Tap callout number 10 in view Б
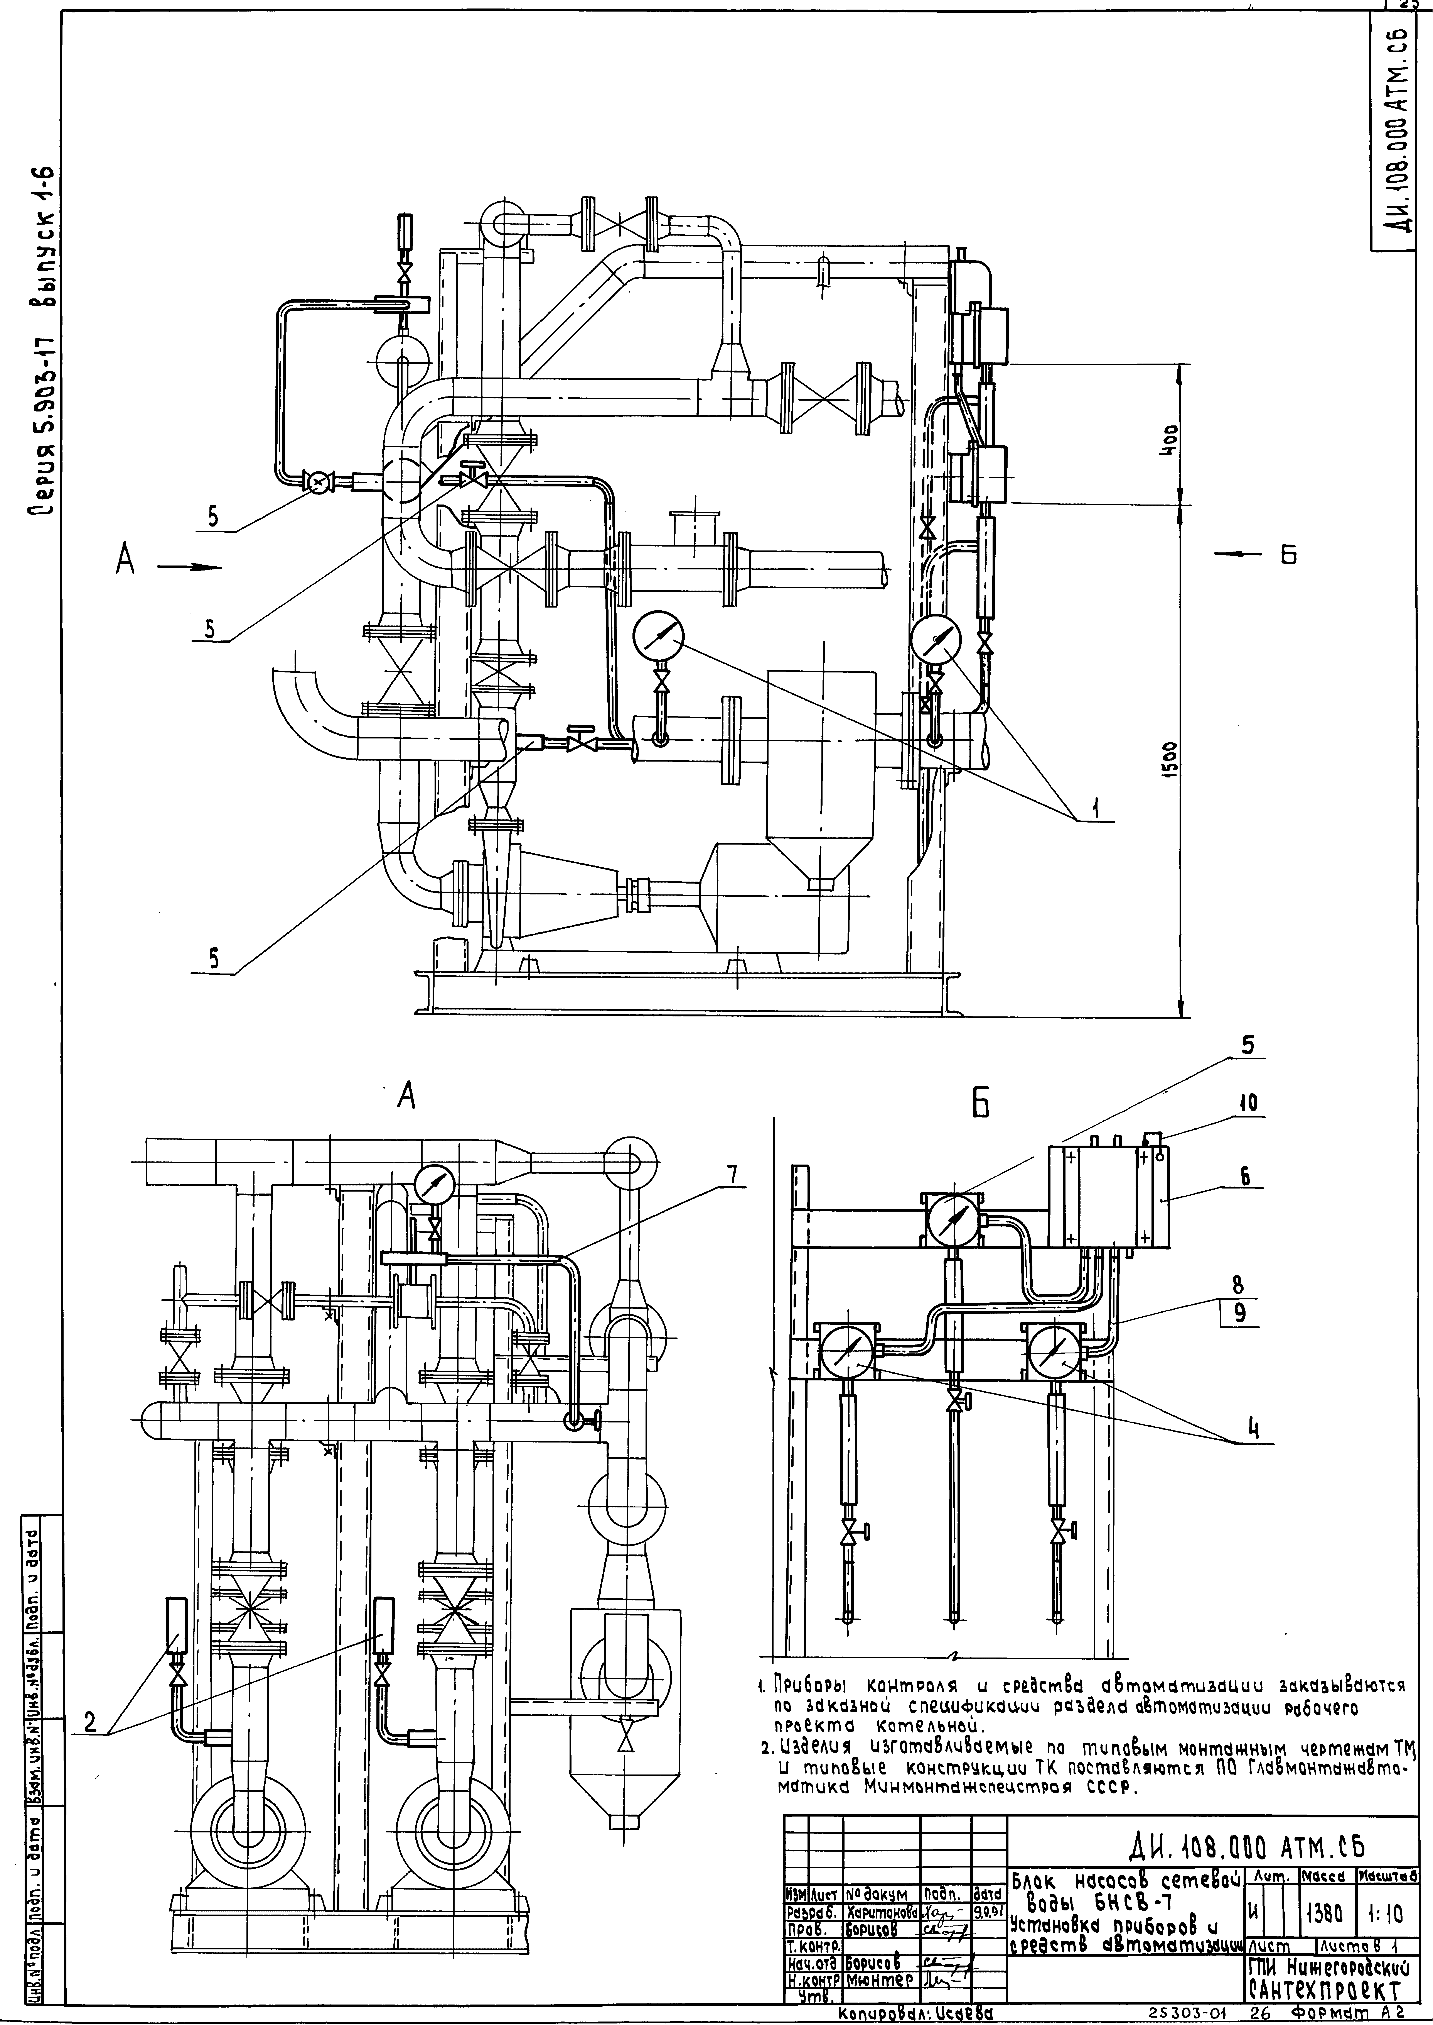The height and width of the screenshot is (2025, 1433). point(1251,1102)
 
